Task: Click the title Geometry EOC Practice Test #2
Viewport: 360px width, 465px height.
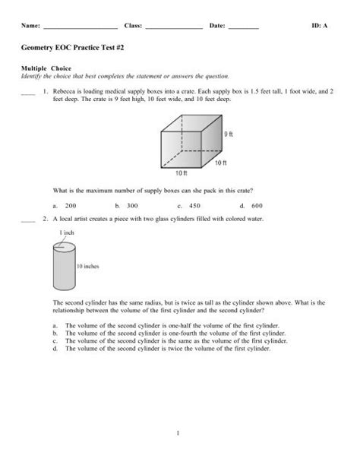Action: click(71, 47)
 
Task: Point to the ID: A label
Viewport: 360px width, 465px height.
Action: click(319, 26)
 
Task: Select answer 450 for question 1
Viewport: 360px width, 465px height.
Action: click(194, 205)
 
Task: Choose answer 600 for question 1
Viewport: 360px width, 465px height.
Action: click(257, 205)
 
